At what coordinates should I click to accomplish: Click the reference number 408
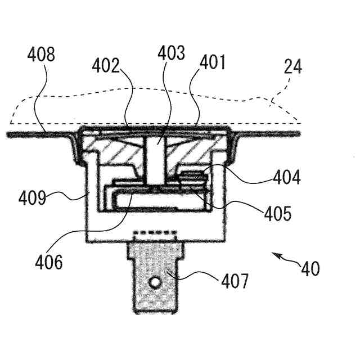click(41, 56)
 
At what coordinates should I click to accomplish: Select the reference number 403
click(171, 54)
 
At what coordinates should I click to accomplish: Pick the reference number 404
click(287, 178)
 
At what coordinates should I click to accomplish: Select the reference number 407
click(232, 281)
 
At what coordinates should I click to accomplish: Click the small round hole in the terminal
click(154, 280)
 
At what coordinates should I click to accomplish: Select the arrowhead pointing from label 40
click(274, 255)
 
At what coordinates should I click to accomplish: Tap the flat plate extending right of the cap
click(270, 133)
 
